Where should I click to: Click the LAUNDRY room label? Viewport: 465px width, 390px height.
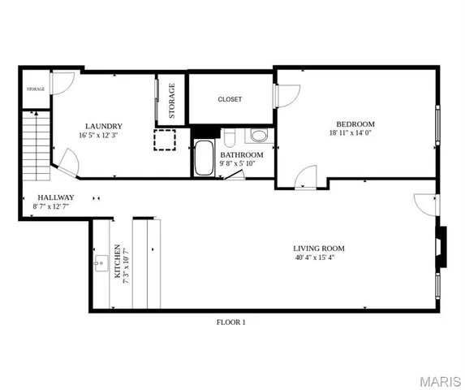pos(104,126)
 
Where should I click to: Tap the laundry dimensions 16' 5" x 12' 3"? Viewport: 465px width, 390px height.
pos(104,136)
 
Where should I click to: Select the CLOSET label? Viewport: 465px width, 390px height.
pos(230,99)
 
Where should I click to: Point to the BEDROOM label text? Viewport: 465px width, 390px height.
pos(355,123)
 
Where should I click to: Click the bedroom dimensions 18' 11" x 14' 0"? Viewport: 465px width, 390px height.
pos(355,133)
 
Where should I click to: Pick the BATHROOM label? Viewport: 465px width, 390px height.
pos(242,154)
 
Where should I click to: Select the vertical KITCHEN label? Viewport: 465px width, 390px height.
pos(118,261)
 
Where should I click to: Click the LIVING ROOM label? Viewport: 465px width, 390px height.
pos(319,248)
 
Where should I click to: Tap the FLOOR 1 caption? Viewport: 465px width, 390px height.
pos(230,323)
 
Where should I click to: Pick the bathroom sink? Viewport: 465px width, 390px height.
pos(258,135)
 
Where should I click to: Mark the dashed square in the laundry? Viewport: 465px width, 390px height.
pos(165,141)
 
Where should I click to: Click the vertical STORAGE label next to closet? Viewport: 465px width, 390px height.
pos(172,101)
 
